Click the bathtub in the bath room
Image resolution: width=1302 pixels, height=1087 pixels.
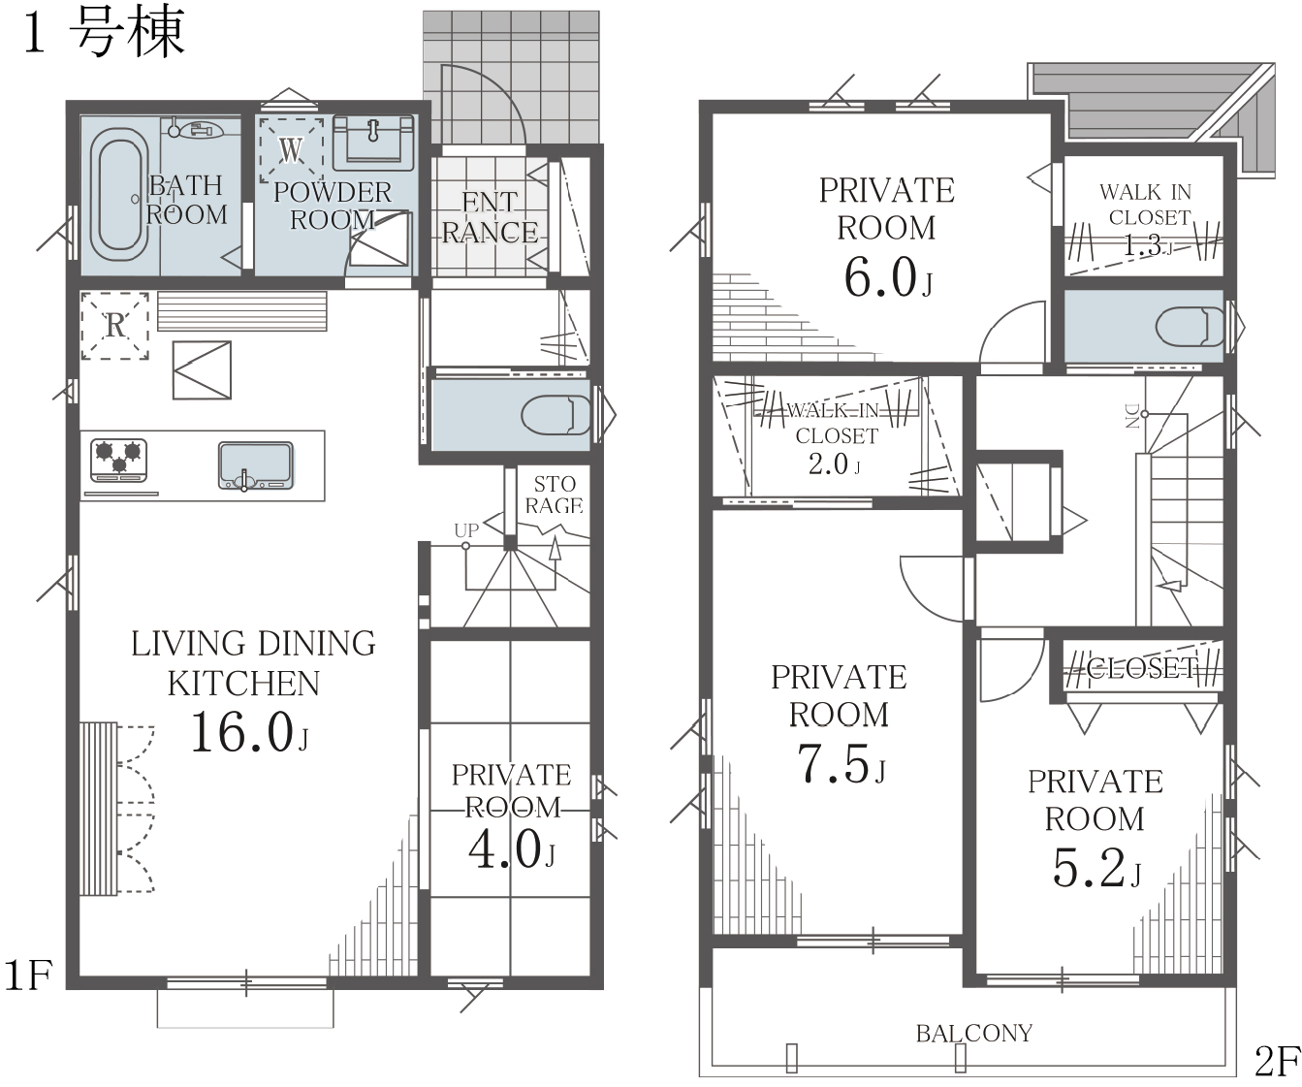click(x=119, y=195)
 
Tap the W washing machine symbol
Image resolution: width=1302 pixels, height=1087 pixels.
click(x=291, y=149)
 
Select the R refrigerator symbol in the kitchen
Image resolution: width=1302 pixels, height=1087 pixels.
click(x=114, y=326)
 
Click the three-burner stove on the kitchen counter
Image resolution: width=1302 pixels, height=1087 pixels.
click(x=118, y=461)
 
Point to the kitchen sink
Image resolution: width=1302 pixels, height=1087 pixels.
click(x=255, y=465)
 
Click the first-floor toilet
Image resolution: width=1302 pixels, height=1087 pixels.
click(x=556, y=416)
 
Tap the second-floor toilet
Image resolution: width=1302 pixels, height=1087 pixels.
click(x=1190, y=326)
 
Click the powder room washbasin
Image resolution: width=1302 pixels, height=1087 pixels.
click(x=373, y=144)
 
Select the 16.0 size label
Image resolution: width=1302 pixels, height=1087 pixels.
click(x=242, y=732)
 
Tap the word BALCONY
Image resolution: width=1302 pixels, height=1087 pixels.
click(x=974, y=1034)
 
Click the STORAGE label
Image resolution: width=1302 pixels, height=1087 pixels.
click(x=555, y=495)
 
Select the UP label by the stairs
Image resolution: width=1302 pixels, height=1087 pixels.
click(x=466, y=530)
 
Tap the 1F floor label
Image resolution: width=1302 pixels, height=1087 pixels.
click(x=28, y=975)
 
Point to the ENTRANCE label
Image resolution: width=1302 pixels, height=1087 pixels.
click(x=491, y=217)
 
